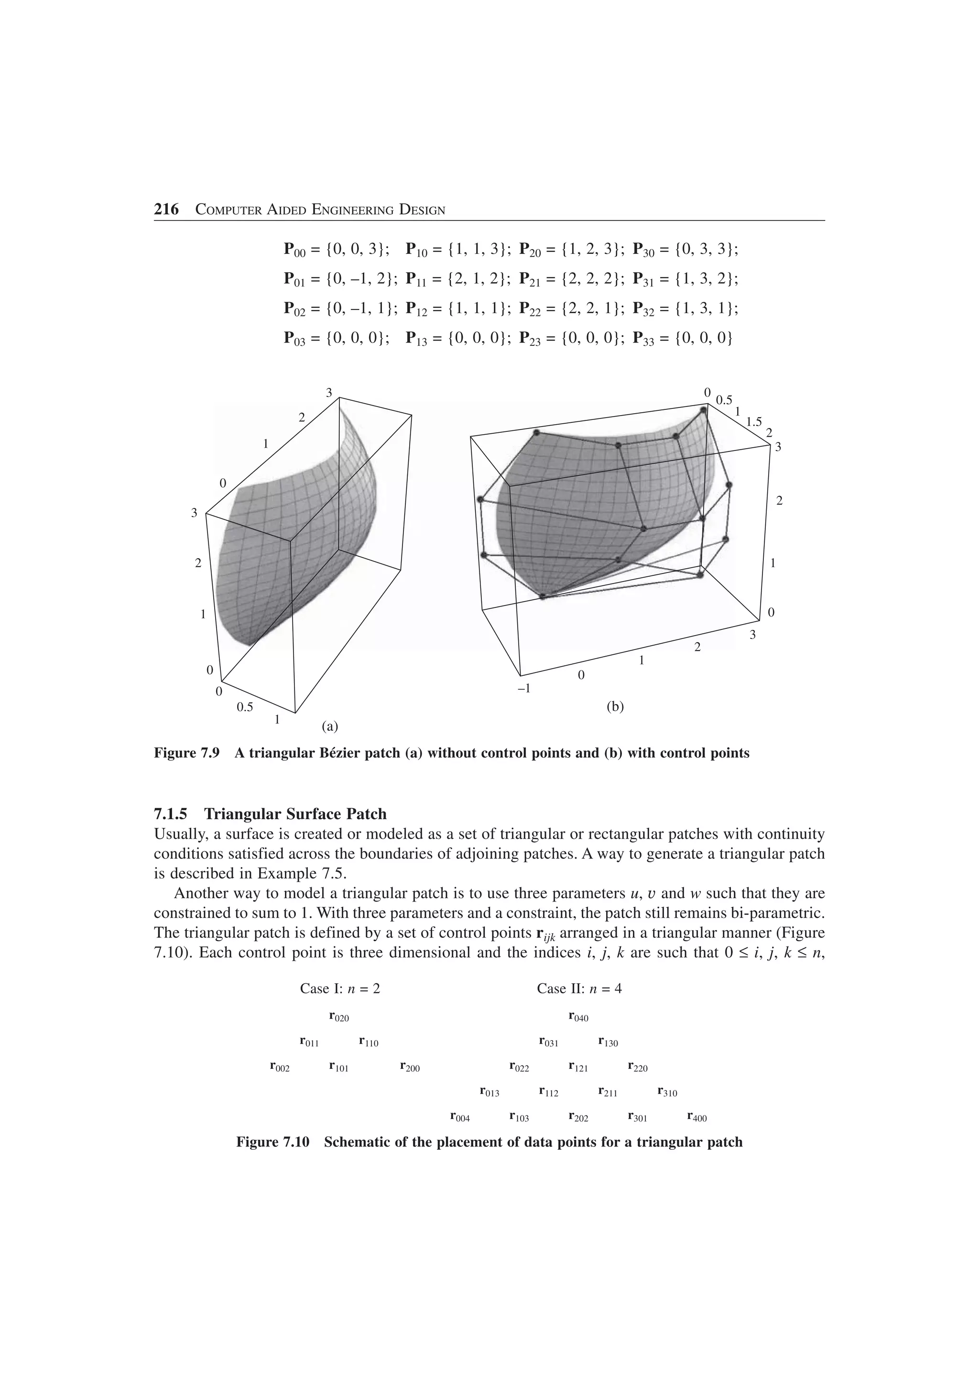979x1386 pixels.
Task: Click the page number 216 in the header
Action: coord(166,209)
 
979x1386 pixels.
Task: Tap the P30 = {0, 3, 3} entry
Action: coord(685,249)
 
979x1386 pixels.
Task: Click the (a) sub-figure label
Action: coord(330,726)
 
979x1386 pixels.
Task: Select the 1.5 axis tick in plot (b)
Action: coord(754,422)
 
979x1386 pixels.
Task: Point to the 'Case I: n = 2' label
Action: coord(340,989)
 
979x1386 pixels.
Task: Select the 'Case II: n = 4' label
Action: coord(579,989)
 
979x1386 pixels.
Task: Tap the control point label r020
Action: coord(339,1017)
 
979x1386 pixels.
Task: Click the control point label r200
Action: coord(410,1068)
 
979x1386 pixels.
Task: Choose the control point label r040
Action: coord(578,1017)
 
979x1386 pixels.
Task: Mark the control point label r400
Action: coord(696,1118)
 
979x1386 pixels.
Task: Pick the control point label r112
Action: coord(548,1093)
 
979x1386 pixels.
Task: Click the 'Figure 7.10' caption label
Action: coord(272,1143)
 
